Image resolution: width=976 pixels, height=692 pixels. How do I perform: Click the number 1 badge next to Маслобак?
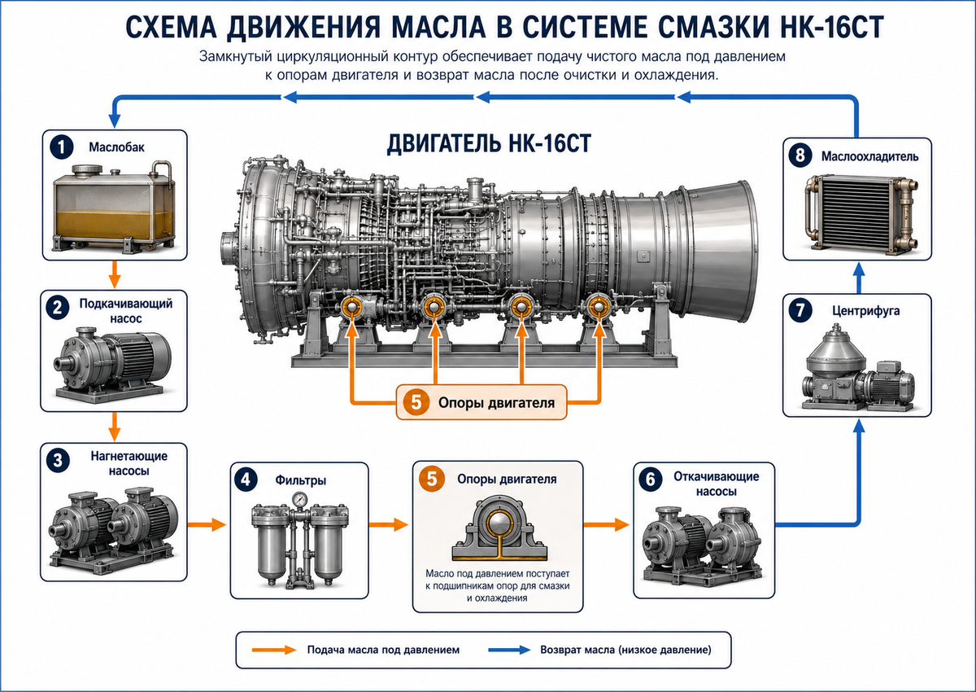(62, 147)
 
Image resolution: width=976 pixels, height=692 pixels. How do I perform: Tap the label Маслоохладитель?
(869, 156)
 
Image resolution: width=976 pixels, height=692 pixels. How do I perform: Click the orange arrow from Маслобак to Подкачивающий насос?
(114, 274)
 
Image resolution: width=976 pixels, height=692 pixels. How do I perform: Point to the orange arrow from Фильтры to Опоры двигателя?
(389, 523)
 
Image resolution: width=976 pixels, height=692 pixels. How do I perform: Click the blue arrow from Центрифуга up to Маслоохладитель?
(858, 278)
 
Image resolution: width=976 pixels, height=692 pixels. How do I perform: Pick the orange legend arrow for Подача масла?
(274, 650)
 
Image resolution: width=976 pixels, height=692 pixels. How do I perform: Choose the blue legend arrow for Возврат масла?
(509, 650)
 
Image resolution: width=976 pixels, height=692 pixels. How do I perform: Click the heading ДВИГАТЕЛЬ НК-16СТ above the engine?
(489, 143)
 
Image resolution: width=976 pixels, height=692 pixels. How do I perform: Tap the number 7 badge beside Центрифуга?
(800, 310)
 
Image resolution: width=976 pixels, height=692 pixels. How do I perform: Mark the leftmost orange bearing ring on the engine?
(352, 307)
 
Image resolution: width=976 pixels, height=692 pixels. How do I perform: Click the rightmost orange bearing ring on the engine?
(599, 307)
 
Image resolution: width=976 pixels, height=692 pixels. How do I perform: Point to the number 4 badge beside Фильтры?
(246, 480)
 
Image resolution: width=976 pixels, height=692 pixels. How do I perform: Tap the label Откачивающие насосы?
(717, 484)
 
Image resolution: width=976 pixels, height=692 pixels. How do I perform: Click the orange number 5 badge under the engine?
(416, 402)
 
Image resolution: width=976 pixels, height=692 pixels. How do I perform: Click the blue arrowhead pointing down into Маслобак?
(114, 120)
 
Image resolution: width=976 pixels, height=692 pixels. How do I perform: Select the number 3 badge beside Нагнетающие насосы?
(58, 461)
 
